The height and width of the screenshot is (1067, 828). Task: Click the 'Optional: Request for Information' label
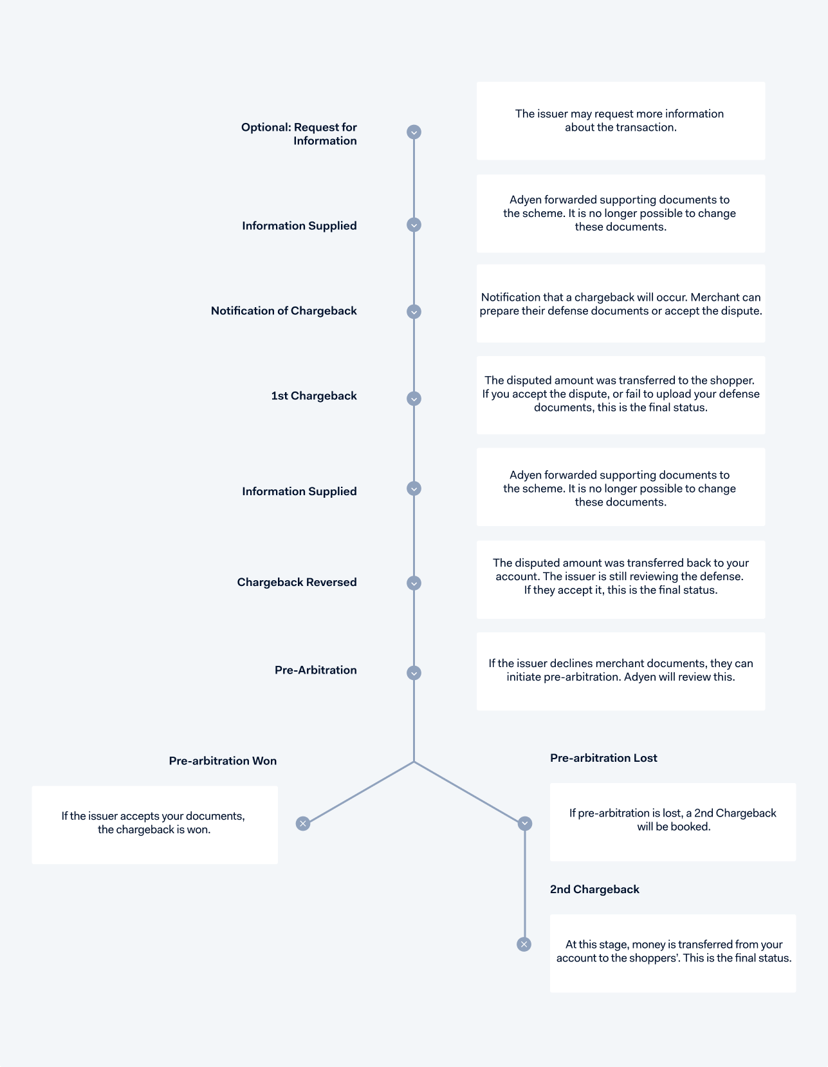[x=299, y=134]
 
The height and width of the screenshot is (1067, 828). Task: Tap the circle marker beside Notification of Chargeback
[x=414, y=312]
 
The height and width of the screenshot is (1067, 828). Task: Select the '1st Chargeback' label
[x=314, y=396]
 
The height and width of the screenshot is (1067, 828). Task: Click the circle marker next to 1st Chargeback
[x=414, y=399]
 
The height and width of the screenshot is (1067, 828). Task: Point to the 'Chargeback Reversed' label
[x=297, y=582]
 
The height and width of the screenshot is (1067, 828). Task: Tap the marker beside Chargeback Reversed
[x=414, y=583]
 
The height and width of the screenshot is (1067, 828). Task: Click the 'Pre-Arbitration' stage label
[x=315, y=670]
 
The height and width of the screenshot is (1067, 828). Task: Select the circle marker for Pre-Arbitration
[x=414, y=673]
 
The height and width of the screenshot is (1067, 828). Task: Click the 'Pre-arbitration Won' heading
[x=223, y=761]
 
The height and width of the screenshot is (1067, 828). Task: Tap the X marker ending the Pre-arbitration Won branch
[x=303, y=824]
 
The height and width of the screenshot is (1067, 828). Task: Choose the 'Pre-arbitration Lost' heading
[x=603, y=758]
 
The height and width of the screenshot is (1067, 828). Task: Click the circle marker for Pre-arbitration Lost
[x=525, y=824]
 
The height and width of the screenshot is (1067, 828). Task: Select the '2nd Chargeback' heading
[x=594, y=890]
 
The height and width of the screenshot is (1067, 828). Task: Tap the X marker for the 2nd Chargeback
[x=524, y=944]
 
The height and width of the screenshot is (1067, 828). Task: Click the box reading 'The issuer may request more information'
[x=620, y=121]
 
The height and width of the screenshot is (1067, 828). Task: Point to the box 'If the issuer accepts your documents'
[x=155, y=825]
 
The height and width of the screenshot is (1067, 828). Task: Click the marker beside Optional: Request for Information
[x=414, y=132]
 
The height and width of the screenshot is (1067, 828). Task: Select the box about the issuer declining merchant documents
[x=620, y=671]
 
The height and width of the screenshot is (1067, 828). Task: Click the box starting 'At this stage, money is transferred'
[x=673, y=954]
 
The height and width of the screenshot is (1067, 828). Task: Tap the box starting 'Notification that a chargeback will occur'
[x=620, y=303]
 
